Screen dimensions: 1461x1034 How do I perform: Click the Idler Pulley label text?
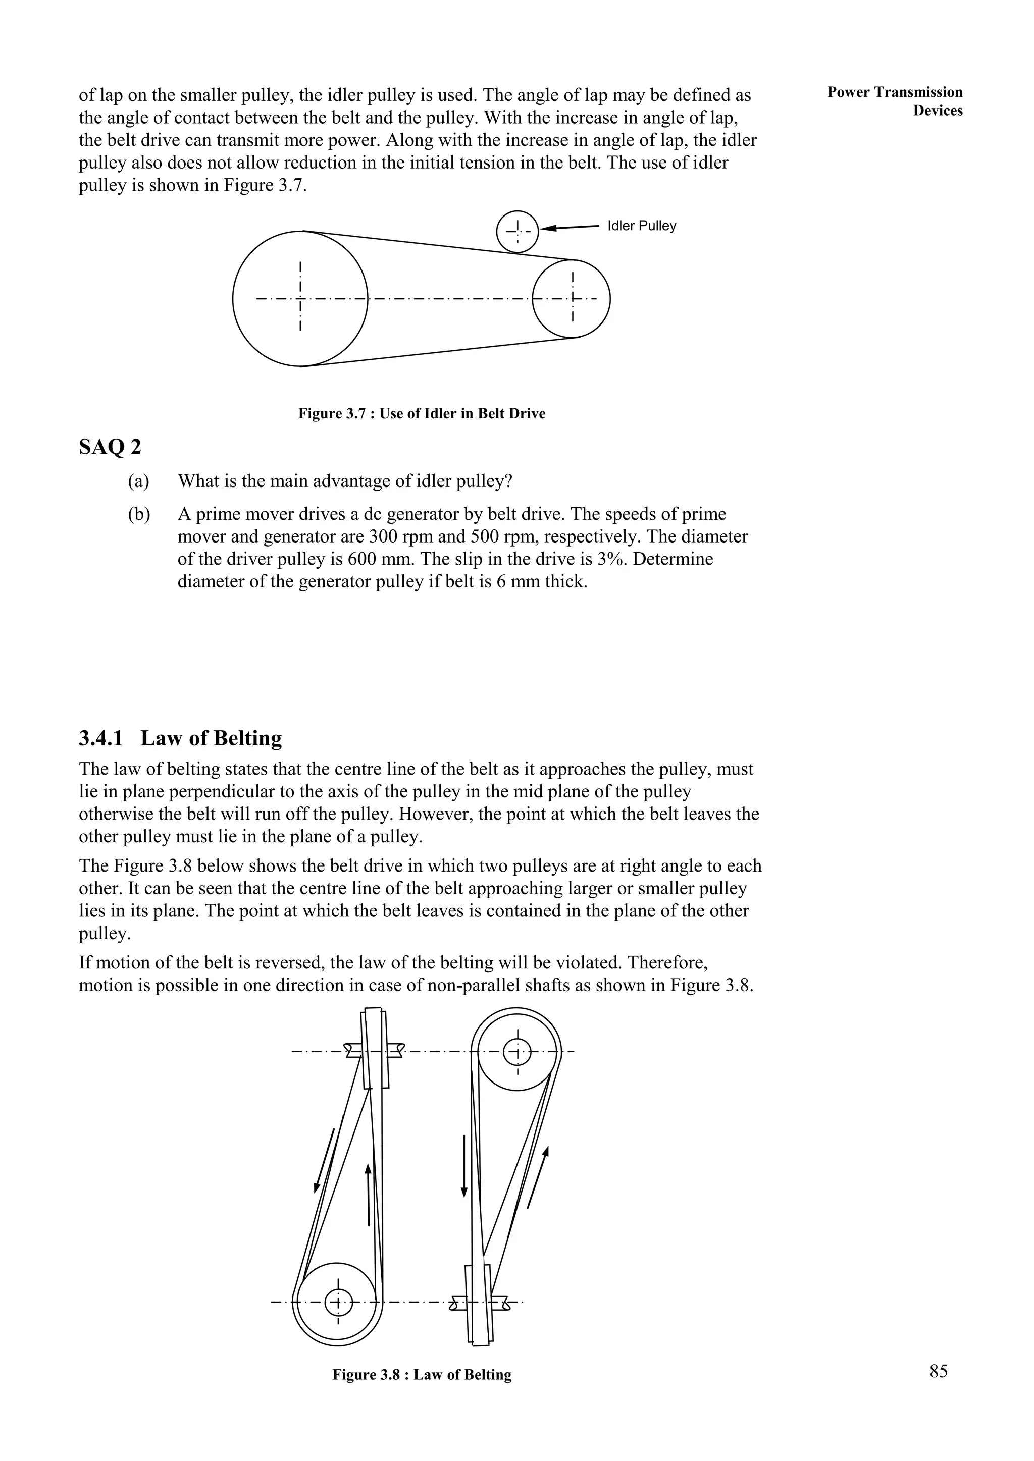coord(641,226)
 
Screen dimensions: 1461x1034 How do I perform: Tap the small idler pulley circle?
coord(517,232)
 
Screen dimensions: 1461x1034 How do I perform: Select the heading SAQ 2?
coord(110,447)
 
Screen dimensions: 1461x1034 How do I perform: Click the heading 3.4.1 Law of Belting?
coord(180,738)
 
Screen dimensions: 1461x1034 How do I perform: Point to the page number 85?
coord(939,1371)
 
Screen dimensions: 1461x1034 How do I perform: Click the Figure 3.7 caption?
coord(422,414)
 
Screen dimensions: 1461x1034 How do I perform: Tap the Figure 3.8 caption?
coord(422,1375)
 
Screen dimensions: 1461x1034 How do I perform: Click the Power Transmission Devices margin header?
coord(895,101)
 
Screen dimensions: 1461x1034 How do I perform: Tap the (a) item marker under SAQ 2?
coord(138,481)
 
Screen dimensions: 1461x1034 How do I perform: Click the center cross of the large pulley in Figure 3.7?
coord(300,298)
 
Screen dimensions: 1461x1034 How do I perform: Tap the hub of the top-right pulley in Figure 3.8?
coord(517,1051)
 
